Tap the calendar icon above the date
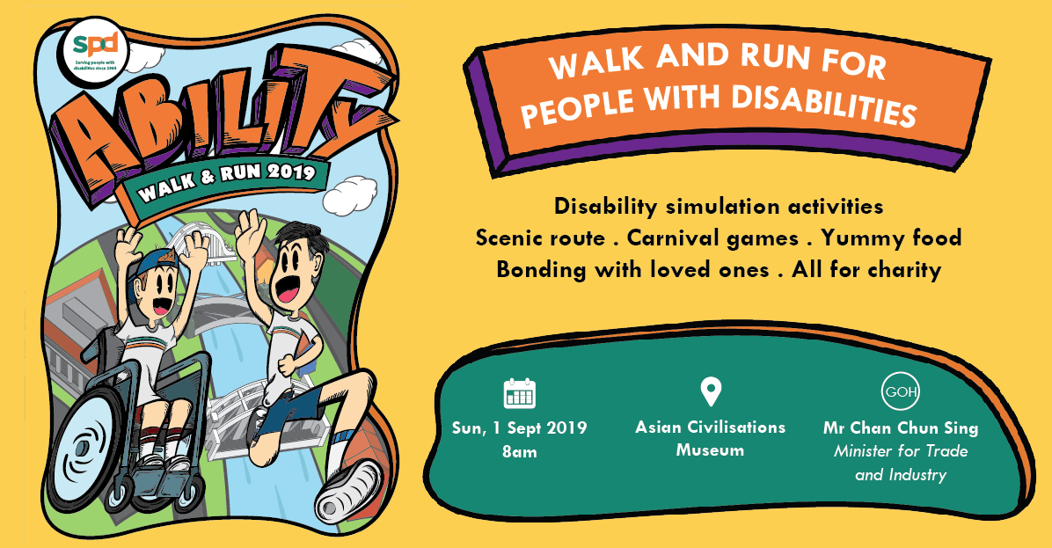click(x=519, y=393)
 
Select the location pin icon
click(x=711, y=392)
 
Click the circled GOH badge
click(x=901, y=391)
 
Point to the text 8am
click(x=519, y=451)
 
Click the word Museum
click(x=710, y=450)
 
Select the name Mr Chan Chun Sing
click(x=901, y=428)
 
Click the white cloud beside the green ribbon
click(x=349, y=194)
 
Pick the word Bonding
click(x=540, y=271)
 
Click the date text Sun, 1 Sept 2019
click(x=519, y=428)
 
